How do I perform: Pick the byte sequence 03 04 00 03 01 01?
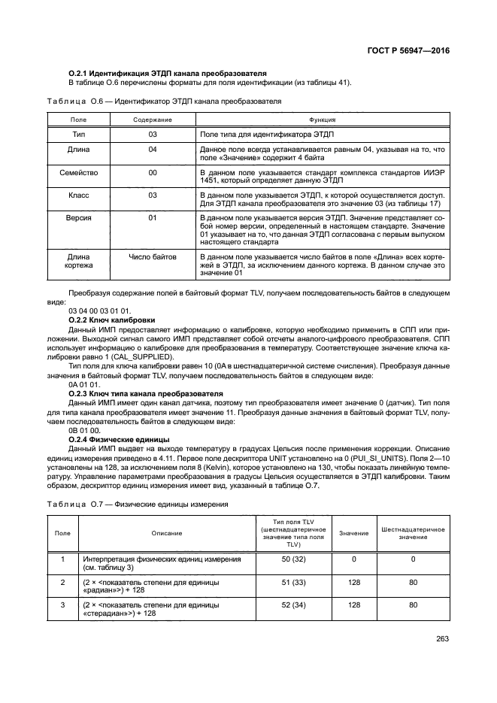pyautogui.click(x=99, y=311)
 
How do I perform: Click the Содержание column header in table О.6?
pyautogui.click(x=153, y=120)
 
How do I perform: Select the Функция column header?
pyautogui.click(x=322, y=120)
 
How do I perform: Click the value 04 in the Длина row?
pyautogui.click(x=153, y=150)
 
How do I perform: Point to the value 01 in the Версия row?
pyautogui.click(x=153, y=218)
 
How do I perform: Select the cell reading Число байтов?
pyautogui.click(x=153, y=256)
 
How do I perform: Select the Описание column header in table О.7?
pyautogui.click(x=165, y=532)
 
